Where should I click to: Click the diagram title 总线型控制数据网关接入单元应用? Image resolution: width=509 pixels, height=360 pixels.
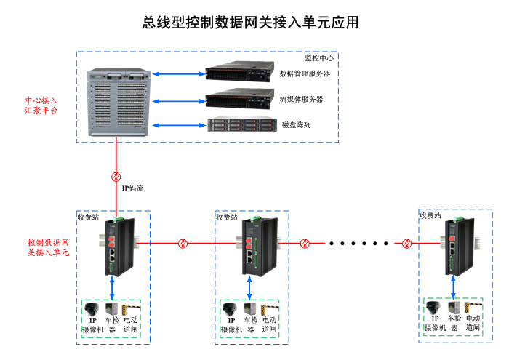pos(251,23)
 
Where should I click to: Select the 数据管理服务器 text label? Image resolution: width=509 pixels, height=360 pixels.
pos(305,73)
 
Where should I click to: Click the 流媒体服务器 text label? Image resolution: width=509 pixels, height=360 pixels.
pos(301,99)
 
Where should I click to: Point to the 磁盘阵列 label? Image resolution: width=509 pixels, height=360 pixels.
pos(296,125)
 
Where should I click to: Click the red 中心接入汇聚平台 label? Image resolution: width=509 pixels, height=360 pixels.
pos(41,105)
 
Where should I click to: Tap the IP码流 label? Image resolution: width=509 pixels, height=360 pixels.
pos(132,188)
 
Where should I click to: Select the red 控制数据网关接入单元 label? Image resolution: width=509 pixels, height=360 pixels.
pos(48,247)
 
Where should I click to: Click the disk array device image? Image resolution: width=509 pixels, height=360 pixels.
pos(240,124)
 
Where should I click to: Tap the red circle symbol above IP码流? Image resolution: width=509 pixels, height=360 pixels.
pos(116,177)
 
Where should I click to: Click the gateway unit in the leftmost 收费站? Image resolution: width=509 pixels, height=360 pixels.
pos(115,247)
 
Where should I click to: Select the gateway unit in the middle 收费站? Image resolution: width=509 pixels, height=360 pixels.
pos(254,247)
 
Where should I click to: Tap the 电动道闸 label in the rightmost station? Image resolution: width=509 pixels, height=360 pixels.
pos(473,323)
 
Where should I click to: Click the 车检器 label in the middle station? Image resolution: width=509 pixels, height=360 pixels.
pos(251,324)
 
